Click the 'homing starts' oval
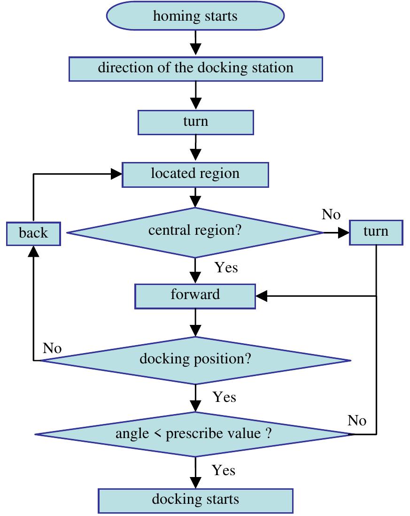pos(195,17)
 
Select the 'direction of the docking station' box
pos(195,68)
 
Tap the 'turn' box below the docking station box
pos(195,123)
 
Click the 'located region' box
pos(195,174)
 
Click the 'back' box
pos(34,233)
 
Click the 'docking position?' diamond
pos(195,361)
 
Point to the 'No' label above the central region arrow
pos(331,215)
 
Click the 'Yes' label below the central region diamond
pos(226,268)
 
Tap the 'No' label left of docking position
pos(52,348)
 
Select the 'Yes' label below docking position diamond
pos(224,397)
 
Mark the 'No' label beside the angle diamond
pos(357,421)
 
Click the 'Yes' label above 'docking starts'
pos(224,470)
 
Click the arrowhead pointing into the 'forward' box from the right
pos(261,296)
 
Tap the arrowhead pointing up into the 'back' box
pos(34,252)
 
